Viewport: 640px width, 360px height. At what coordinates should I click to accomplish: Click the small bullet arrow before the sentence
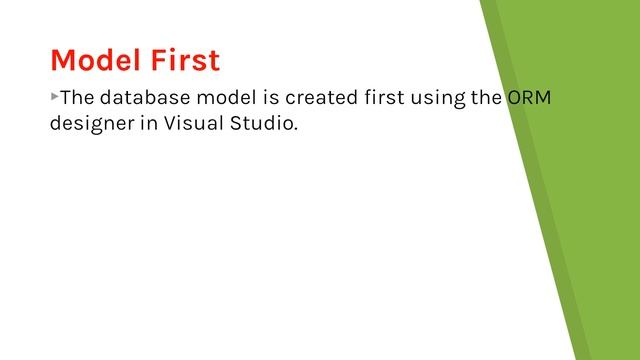coord(54,97)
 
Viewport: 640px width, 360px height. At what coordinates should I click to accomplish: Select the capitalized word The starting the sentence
coord(78,99)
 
